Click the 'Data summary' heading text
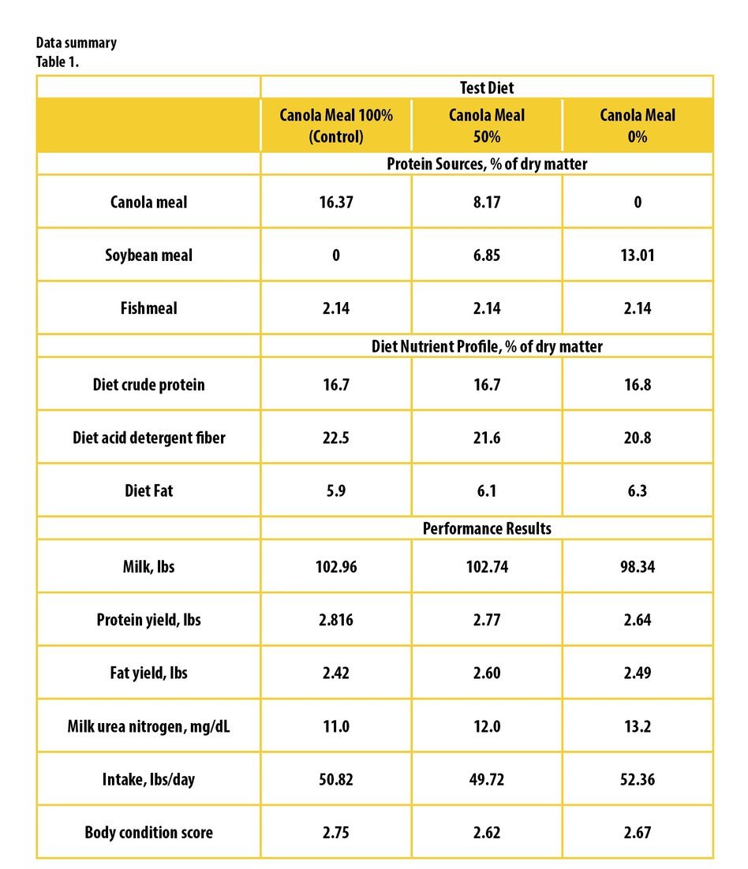(77, 43)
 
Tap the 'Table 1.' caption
(58, 62)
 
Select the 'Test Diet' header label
(487, 88)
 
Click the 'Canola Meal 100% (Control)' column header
(336, 126)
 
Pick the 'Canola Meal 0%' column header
(638, 126)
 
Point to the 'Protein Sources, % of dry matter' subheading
(487, 164)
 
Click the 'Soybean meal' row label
(148, 255)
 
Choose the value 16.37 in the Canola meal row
(336, 202)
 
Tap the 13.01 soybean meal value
(638, 255)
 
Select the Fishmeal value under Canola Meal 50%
(487, 308)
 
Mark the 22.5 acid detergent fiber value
(336, 438)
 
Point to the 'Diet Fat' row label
(148, 490)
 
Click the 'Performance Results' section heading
(487, 528)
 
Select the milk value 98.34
(638, 566)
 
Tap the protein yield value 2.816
(336, 620)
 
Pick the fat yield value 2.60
(487, 673)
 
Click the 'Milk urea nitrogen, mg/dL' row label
(148, 726)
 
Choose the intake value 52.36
(638, 779)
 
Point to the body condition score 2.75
(336, 833)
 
